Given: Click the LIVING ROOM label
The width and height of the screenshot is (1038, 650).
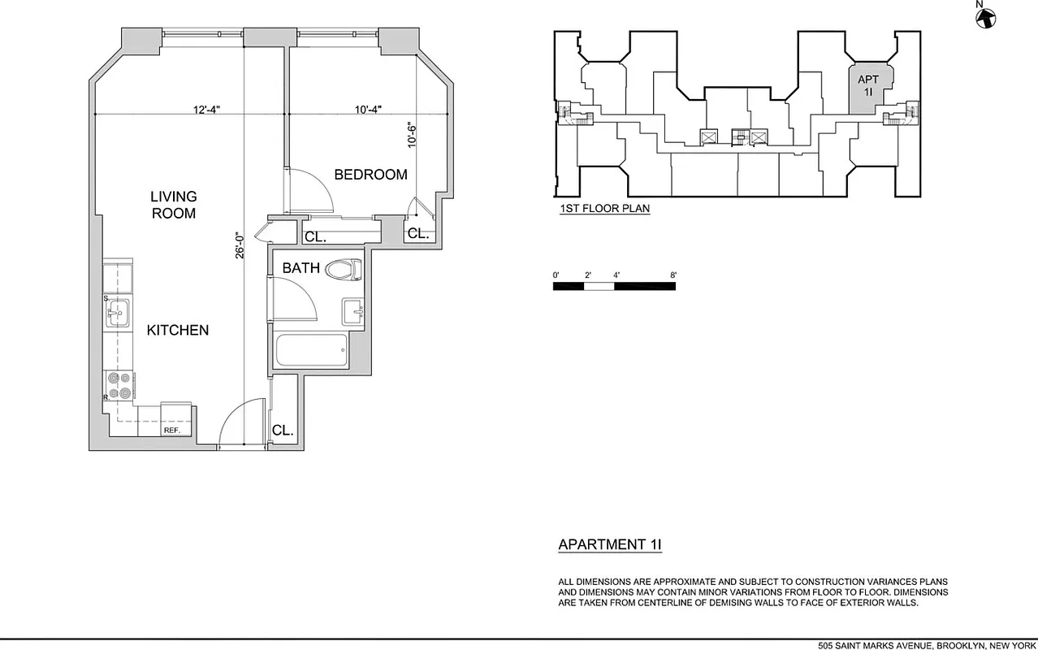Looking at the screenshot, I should [173, 205].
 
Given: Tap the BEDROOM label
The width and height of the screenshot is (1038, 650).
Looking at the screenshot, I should [370, 175].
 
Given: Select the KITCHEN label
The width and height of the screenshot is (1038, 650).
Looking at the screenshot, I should [177, 330].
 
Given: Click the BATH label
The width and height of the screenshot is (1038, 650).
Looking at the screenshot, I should [301, 268].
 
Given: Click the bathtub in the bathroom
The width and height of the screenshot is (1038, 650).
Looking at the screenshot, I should [311, 351].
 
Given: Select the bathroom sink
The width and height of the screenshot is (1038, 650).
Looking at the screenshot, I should [354, 311].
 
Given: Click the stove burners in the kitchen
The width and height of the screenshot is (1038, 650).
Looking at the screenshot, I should [119, 385].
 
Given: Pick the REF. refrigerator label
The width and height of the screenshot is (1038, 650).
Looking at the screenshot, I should [171, 431].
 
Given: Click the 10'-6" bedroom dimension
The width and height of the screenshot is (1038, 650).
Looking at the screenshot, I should [413, 134].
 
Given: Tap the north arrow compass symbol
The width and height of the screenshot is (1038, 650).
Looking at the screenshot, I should [985, 16].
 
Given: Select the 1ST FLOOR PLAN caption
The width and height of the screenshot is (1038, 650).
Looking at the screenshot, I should [604, 209].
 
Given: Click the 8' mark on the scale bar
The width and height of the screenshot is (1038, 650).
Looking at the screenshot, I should [673, 275].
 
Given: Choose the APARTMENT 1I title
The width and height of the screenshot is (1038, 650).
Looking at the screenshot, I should [609, 545].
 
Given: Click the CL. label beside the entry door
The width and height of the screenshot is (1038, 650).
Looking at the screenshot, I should [282, 431].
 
